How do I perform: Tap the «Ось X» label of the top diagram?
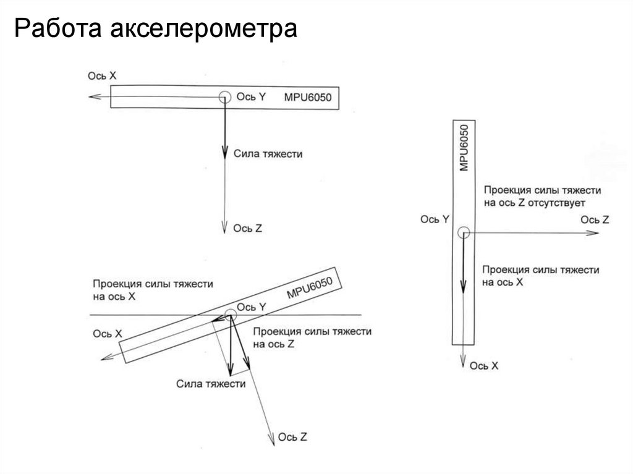102,75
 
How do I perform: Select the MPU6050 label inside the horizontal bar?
308,97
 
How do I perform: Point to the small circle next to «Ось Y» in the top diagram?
224,96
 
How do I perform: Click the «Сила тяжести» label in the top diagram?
268,153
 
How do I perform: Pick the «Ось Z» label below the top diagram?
248,228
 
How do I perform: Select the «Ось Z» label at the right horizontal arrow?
595,219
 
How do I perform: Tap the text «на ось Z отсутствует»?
534,202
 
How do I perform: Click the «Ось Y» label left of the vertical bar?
434,219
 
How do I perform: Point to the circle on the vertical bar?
464,232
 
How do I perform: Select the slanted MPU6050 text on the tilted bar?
310,288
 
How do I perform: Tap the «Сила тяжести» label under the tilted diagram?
211,384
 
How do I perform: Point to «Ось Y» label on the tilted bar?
252,307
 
